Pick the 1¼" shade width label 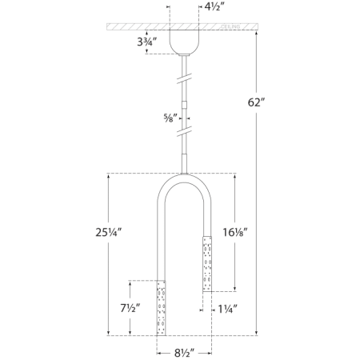(x=226, y=306)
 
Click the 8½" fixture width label (x=184, y=350)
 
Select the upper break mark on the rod (x=185, y=79)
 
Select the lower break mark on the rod (x=185, y=129)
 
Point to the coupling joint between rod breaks (x=185, y=103)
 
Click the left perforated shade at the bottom (x=162, y=307)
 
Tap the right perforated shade (x=206, y=262)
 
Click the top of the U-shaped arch (x=184, y=177)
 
